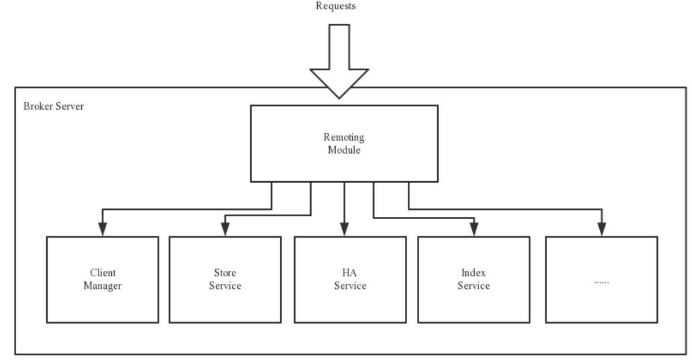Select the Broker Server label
(54, 107)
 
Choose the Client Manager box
(103, 279)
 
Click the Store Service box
(225, 279)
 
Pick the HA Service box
(350, 279)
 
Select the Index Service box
(473, 279)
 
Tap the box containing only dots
(601, 279)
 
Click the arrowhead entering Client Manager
(102, 230)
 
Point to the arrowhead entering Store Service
(225, 230)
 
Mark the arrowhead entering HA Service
(344, 230)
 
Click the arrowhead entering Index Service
(473, 230)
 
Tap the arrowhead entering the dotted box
(601, 230)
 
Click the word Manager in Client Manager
(103, 286)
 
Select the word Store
(225, 272)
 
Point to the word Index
(473, 272)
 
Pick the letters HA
(350, 272)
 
